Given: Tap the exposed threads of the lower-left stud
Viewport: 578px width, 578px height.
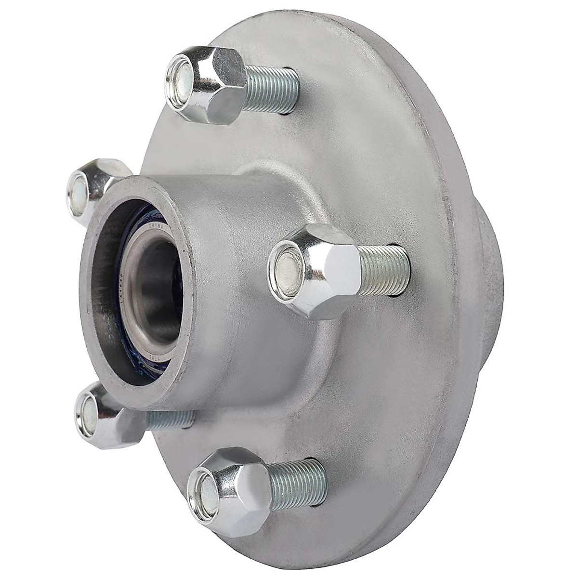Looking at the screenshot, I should pyautogui.click(x=169, y=419).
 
